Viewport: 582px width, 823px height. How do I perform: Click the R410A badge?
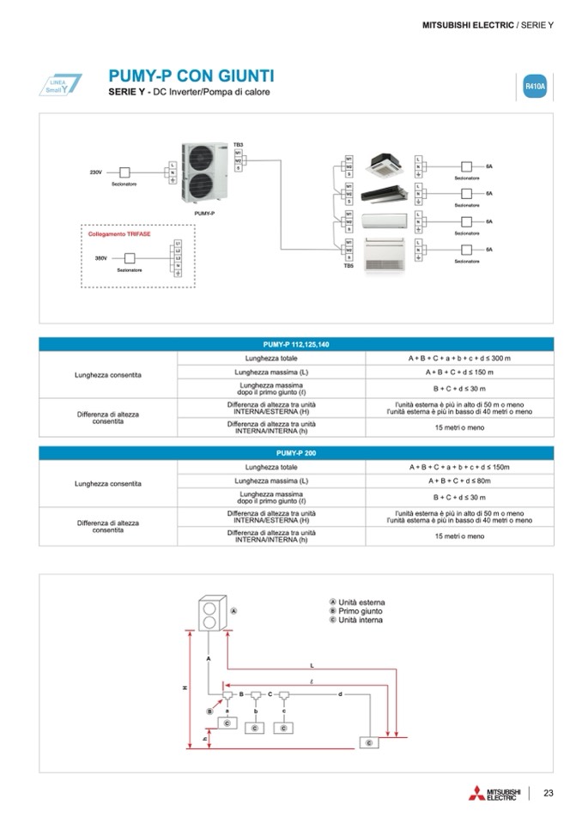click(x=534, y=87)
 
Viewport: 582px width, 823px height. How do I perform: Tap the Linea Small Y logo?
click(x=64, y=85)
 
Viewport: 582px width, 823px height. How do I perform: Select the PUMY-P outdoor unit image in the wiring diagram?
click(x=207, y=172)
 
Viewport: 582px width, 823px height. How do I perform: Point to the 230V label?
click(x=96, y=172)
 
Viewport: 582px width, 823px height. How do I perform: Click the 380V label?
click(x=100, y=257)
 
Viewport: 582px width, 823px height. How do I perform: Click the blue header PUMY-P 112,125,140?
click(x=295, y=344)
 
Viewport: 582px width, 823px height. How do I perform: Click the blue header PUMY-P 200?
click(x=295, y=452)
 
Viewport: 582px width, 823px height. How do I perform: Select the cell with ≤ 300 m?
click(x=458, y=357)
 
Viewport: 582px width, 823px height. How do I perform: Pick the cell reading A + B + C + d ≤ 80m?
click(x=458, y=481)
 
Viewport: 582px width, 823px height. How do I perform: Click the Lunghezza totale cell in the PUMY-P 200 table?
click(x=270, y=467)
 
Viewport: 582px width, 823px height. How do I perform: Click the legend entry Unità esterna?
click(x=357, y=602)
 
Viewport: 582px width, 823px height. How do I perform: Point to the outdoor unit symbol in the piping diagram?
click(x=208, y=612)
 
